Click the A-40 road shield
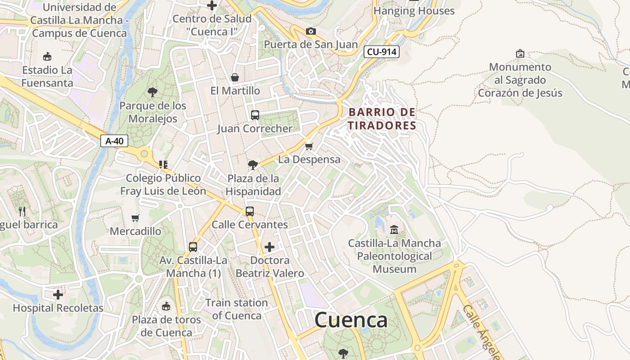[x=114, y=141]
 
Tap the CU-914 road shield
[x=381, y=52]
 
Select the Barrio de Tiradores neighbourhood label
[x=382, y=118]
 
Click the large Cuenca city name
[x=351, y=320]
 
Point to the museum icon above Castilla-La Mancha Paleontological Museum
[x=394, y=229]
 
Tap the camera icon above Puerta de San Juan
[x=310, y=31]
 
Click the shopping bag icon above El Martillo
[x=235, y=77]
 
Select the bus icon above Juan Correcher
[x=255, y=115]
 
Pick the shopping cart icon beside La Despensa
[x=309, y=146]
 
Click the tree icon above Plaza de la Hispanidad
[x=253, y=165]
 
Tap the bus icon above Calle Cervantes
[x=249, y=211]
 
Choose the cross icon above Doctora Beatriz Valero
[x=270, y=247]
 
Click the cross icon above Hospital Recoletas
[x=58, y=295]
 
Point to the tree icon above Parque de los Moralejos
[x=153, y=92]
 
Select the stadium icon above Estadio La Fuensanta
[x=47, y=56]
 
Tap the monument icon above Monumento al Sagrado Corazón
[x=520, y=54]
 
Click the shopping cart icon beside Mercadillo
[x=135, y=218]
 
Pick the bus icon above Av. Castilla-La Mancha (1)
[x=193, y=247]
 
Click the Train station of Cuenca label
[x=237, y=309]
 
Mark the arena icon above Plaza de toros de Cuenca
[x=166, y=306]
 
